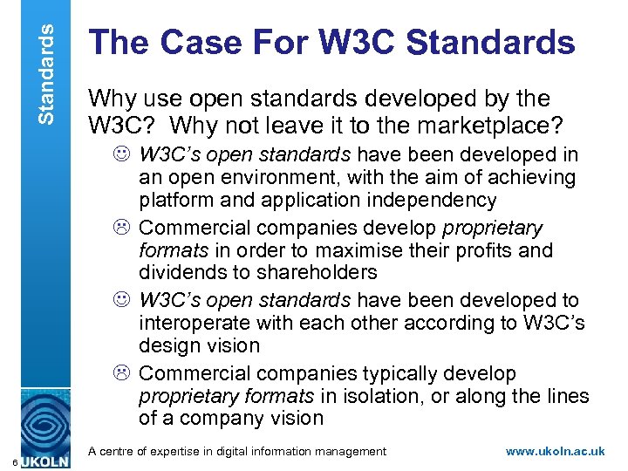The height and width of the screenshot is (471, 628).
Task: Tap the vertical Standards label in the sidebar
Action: (x=49, y=62)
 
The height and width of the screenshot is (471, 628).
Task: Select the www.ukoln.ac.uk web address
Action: (x=555, y=451)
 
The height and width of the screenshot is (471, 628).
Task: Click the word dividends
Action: (x=183, y=272)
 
